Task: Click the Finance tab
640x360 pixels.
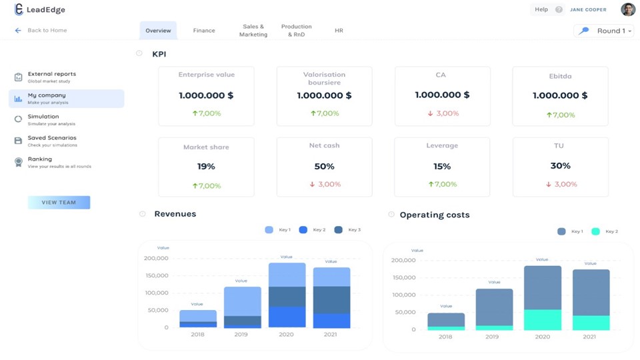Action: click(x=204, y=31)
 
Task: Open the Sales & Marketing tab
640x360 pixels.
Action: click(x=253, y=31)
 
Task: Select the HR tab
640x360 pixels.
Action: click(x=339, y=31)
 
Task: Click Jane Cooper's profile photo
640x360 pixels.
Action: click(x=627, y=9)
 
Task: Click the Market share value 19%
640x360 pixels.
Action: click(x=206, y=166)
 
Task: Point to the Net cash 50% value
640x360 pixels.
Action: click(x=324, y=166)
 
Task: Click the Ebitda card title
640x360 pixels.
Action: click(x=560, y=75)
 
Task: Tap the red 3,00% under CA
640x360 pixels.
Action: click(x=443, y=113)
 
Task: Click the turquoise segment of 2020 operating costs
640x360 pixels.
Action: click(x=542, y=319)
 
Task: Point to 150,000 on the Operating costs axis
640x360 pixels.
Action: click(x=403, y=277)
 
